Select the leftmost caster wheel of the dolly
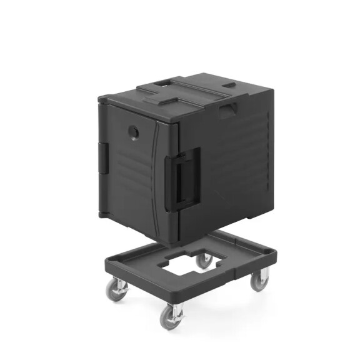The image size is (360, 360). [116, 290]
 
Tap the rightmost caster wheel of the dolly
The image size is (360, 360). [258, 282]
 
